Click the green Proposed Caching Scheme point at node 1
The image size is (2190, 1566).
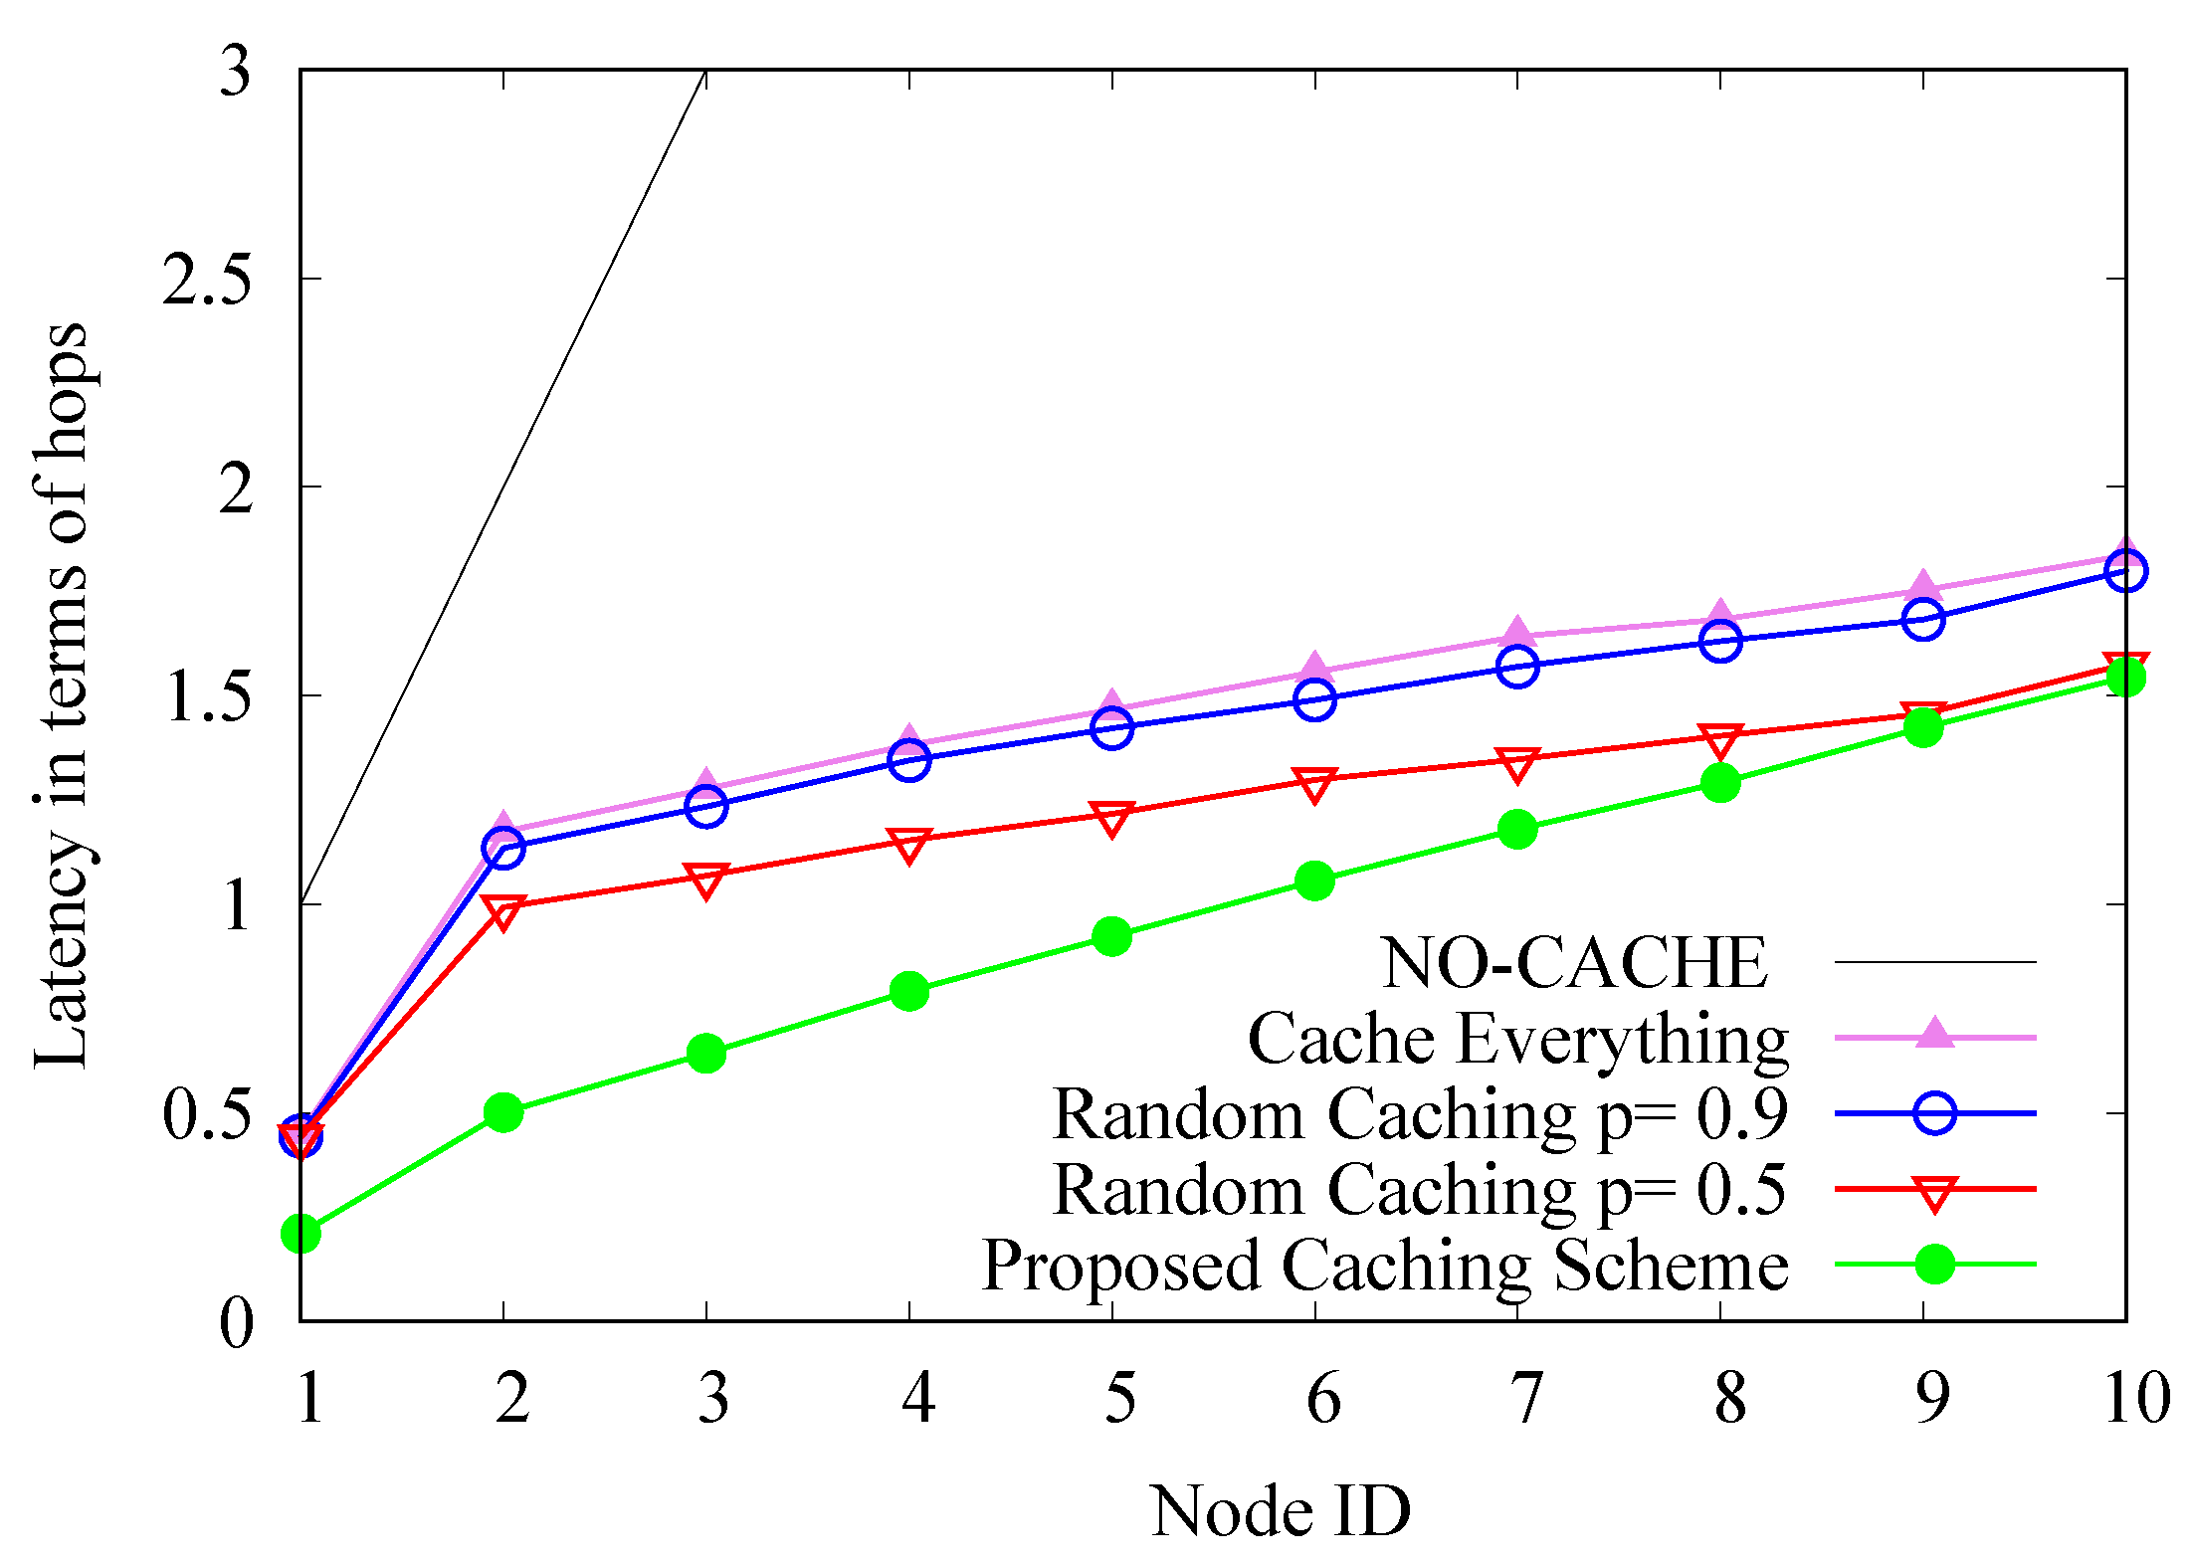coord(300,1234)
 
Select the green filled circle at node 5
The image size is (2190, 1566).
coord(1111,936)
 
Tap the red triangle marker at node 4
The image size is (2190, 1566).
coord(908,845)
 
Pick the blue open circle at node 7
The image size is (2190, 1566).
coord(1517,667)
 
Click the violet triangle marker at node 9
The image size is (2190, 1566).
coord(1922,589)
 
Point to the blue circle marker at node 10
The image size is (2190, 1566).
coord(2125,571)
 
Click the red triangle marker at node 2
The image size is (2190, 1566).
coord(503,910)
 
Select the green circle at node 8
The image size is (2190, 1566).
coord(1720,783)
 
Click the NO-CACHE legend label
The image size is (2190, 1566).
coord(1574,963)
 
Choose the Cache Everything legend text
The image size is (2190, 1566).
coord(1517,1039)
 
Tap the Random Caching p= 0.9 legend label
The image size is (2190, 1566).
coord(1420,1114)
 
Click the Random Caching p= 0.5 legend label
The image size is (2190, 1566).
coord(1420,1190)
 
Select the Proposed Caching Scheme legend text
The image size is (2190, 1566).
coord(1385,1266)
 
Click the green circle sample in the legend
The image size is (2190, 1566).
coord(1934,1265)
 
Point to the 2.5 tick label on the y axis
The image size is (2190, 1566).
coord(206,280)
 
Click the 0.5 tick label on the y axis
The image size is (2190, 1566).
coord(206,1114)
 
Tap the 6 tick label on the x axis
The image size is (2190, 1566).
coord(1322,1398)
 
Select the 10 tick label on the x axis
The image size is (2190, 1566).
coord(2135,1398)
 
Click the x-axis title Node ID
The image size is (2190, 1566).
coord(1281,1511)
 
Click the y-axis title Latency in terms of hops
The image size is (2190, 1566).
coord(62,695)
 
